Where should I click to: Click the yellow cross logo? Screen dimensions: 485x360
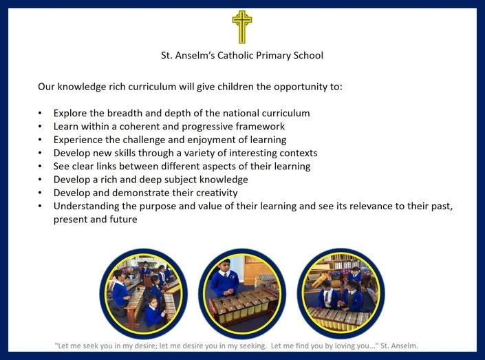pyautogui.click(x=242, y=27)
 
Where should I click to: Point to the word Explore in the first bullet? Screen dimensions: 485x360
pyautogui.click(x=70, y=114)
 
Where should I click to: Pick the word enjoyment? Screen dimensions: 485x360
pyautogui.click(x=211, y=140)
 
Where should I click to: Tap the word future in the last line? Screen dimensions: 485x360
pyautogui.click(x=123, y=220)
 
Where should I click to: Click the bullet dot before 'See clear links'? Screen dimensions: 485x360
pyautogui.click(x=40, y=167)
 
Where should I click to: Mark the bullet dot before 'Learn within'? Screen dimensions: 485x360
pyautogui.click(x=40, y=127)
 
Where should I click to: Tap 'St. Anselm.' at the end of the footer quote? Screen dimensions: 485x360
pyautogui.click(x=399, y=346)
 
